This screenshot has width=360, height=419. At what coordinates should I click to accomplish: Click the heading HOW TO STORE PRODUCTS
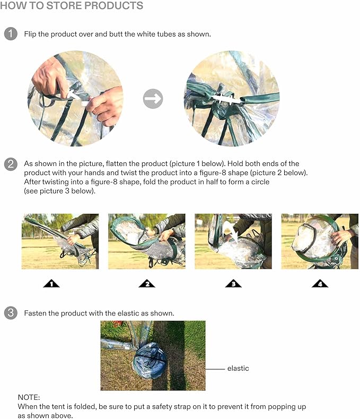[72, 6]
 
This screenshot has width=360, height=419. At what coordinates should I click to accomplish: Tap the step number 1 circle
[11, 34]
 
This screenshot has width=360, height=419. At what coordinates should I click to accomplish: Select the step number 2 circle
[11, 164]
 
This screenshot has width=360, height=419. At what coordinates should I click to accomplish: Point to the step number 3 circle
[11, 313]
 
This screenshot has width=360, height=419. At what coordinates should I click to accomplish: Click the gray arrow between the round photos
[153, 99]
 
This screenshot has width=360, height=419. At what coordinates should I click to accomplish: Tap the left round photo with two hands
[75, 99]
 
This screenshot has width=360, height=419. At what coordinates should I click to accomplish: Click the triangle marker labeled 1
[51, 284]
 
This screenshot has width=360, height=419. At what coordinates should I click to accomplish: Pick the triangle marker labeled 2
[147, 284]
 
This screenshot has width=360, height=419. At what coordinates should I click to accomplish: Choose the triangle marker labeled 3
[233, 284]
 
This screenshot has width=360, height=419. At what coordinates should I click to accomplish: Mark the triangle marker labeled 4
[320, 284]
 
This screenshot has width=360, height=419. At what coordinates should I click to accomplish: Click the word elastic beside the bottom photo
[238, 369]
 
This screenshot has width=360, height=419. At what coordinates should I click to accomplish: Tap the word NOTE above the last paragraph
[29, 397]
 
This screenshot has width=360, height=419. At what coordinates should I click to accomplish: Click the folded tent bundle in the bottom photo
[149, 361]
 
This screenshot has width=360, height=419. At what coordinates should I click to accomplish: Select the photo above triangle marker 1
[60, 241]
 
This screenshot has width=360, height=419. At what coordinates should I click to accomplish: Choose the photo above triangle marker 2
[147, 241]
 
